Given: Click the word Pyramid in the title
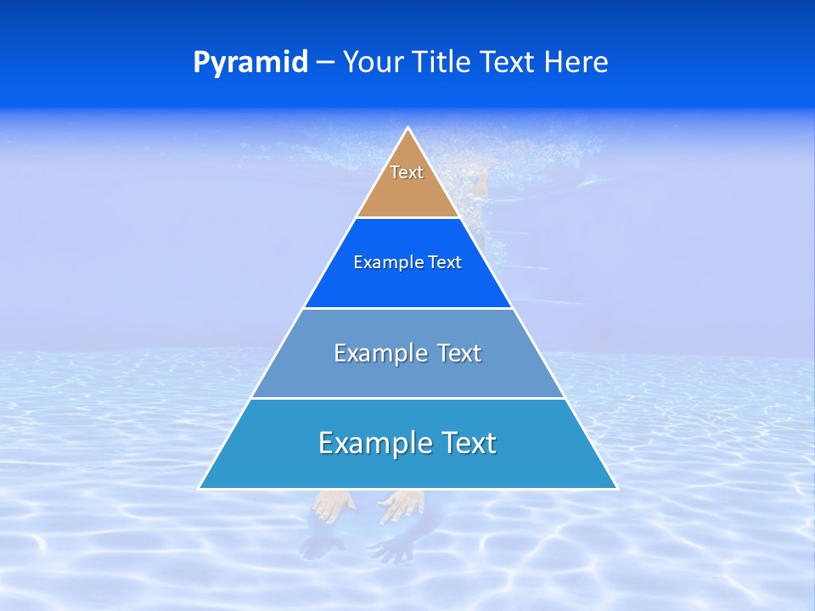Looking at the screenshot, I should coord(250,63).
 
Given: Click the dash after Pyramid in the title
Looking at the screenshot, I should coord(324,63).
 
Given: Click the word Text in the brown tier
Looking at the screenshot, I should coord(407,172).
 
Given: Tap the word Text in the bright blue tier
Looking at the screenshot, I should coord(445,263).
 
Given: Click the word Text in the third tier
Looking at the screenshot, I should coord(458,353).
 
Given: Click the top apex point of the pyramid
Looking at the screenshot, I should coord(408,128).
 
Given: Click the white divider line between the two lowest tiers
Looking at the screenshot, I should coord(407,398).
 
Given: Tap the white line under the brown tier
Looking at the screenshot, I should coord(407,217).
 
